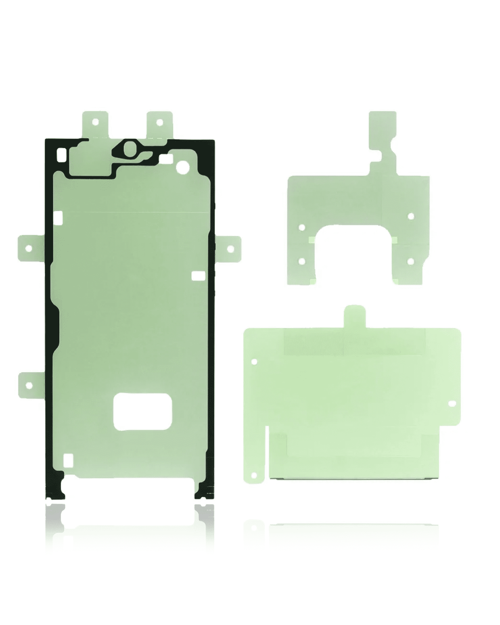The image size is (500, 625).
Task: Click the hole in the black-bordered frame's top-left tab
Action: (95, 122)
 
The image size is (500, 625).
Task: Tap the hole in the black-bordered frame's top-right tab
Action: (159, 122)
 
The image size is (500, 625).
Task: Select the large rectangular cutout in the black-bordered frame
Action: (141, 411)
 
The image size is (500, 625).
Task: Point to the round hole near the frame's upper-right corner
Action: (182, 167)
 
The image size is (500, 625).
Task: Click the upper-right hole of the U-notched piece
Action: (411, 216)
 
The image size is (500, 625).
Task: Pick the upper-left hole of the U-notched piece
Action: (302, 227)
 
